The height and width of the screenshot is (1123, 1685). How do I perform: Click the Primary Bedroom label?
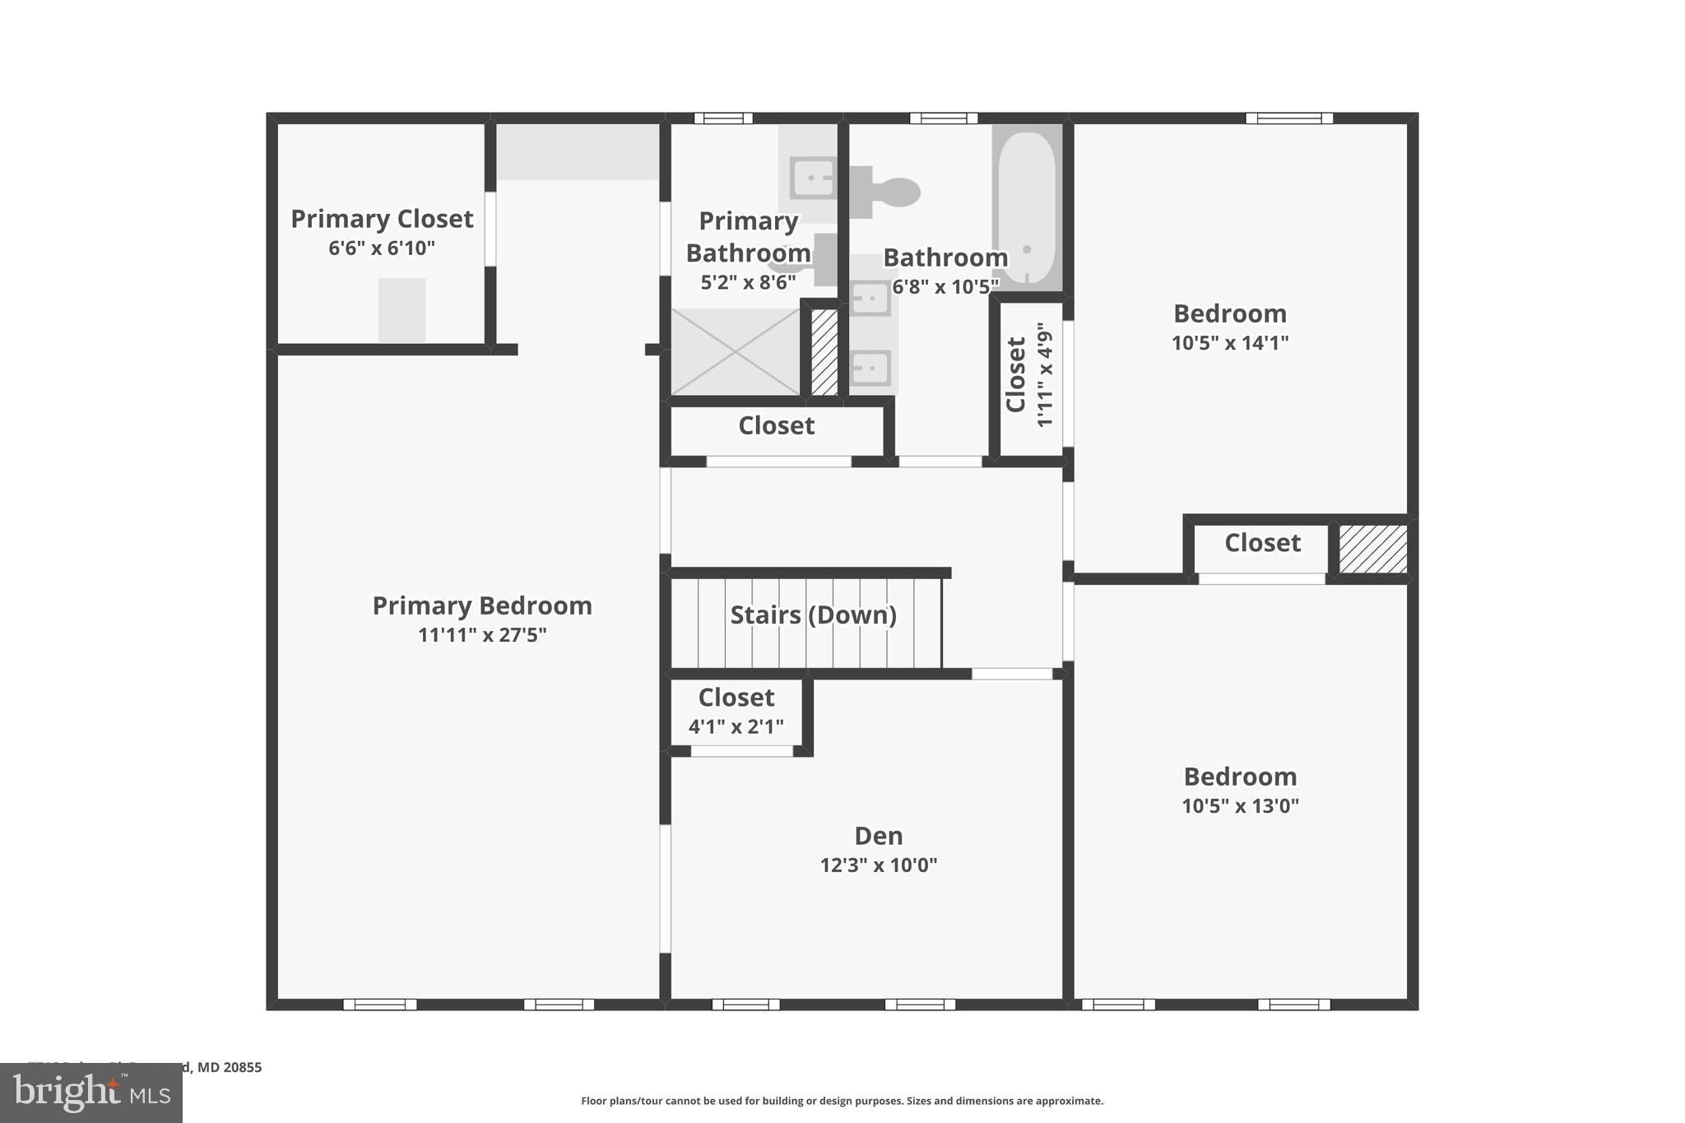pos(482,606)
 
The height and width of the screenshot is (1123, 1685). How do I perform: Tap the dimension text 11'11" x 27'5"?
pos(482,635)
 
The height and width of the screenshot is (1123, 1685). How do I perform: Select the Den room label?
pos(878,836)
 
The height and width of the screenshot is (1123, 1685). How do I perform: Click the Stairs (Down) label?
pos(813,615)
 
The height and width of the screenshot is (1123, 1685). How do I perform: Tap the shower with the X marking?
pos(736,352)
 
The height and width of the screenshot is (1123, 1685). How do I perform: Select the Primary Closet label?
pos(382,219)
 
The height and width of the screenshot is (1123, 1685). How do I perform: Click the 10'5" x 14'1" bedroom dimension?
pos(1229,343)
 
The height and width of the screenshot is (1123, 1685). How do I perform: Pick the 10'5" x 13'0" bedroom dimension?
pos(1240,806)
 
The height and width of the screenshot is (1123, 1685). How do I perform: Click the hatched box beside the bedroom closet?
pos(1372,550)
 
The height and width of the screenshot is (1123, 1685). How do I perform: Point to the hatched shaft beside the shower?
pos(824,352)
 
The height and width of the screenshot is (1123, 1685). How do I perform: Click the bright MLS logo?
pos(91,1093)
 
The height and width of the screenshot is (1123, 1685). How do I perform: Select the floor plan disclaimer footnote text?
pos(842,1101)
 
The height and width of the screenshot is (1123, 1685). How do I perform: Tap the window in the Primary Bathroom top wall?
pos(722,118)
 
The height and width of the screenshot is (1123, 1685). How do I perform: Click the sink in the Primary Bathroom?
pos(812,178)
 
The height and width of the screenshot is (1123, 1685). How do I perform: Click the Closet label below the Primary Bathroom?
pos(776,425)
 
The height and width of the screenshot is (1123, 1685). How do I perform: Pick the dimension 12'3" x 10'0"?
pos(878,865)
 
